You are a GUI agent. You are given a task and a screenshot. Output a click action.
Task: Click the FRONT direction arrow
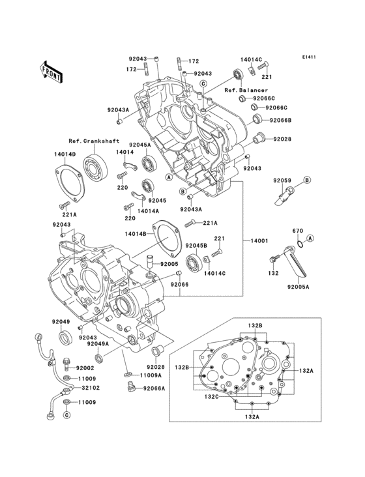(51, 72)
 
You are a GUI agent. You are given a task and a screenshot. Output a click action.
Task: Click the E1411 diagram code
(309, 57)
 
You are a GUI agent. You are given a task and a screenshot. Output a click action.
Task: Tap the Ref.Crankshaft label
(94, 141)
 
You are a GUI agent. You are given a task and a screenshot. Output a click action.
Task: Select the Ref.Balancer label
(246, 90)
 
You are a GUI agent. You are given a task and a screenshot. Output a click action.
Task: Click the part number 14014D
(65, 154)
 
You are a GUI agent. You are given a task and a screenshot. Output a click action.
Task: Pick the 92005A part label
(299, 286)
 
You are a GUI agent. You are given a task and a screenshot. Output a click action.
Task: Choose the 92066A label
(154, 388)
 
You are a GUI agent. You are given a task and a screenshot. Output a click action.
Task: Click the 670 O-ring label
(298, 231)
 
